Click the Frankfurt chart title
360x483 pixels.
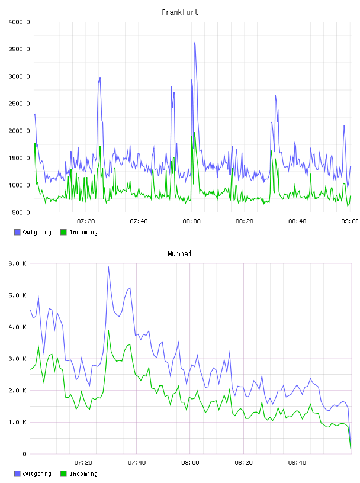(x=180, y=12)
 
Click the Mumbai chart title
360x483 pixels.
(x=179, y=254)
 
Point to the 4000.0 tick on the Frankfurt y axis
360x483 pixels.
(x=19, y=22)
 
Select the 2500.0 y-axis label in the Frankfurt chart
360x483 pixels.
(x=19, y=104)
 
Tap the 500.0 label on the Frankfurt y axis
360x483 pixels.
(x=21, y=212)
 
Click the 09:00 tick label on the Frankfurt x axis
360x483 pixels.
(x=350, y=221)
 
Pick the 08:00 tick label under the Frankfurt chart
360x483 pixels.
(x=191, y=221)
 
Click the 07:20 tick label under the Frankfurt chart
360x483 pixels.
(x=86, y=221)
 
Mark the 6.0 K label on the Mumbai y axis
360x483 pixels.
(x=18, y=263)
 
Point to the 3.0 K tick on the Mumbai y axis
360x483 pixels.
(x=18, y=359)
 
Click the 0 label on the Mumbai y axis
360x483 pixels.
(x=24, y=454)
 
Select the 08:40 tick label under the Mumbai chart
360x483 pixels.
(x=297, y=463)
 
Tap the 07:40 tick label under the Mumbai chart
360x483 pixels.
(x=137, y=463)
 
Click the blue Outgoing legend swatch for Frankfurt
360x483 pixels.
(x=17, y=232)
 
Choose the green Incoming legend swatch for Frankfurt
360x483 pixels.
(x=63, y=232)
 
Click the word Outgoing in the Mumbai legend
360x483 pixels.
(x=37, y=474)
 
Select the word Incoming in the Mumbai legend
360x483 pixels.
(x=83, y=474)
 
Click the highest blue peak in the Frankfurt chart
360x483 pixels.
(x=194, y=43)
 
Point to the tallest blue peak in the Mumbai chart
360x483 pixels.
(x=108, y=267)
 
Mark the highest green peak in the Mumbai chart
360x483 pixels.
(x=108, y=331)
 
